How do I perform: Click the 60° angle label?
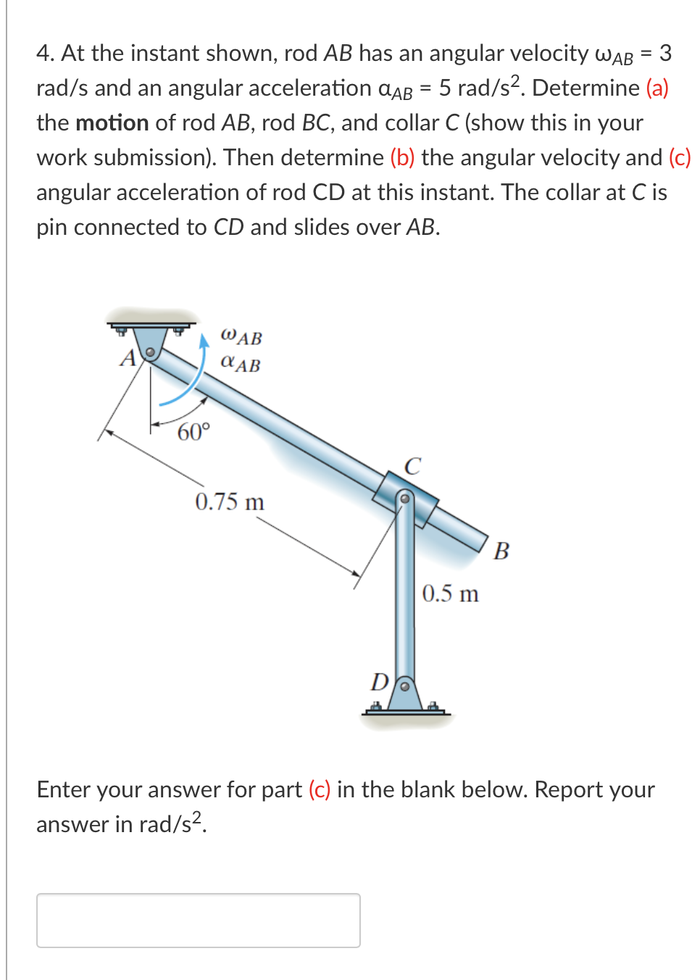coord(193,432)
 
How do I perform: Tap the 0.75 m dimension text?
coord(230,502)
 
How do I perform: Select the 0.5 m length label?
coord(450,594)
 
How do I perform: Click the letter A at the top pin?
coord(128,358)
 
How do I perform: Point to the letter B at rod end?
coord(501,551)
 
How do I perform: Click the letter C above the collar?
coord(412,465)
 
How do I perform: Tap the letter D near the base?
coord(379,681)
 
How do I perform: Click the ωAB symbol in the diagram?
coord(241,336)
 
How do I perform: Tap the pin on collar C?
coord(405,498)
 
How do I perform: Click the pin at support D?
coord(405,685)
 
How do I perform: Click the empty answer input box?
coord(198,920)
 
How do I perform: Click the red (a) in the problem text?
coord(657,88)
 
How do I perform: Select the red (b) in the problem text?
coord(402,157)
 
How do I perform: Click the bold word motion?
coord(112,122)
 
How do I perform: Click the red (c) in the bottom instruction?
coord(320,789)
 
